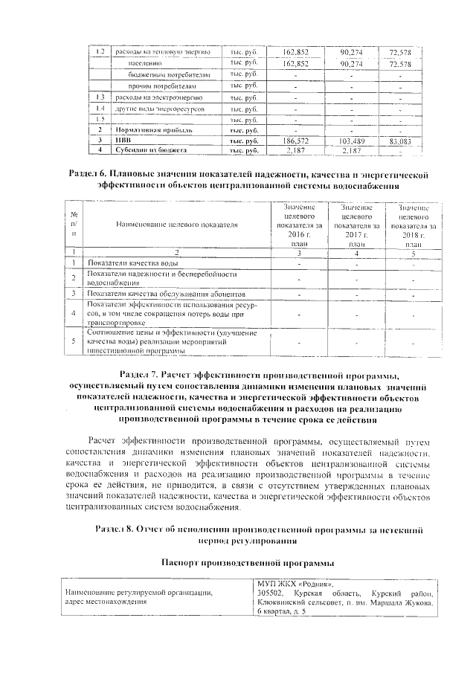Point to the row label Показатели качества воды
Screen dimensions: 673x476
coord(132,263)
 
